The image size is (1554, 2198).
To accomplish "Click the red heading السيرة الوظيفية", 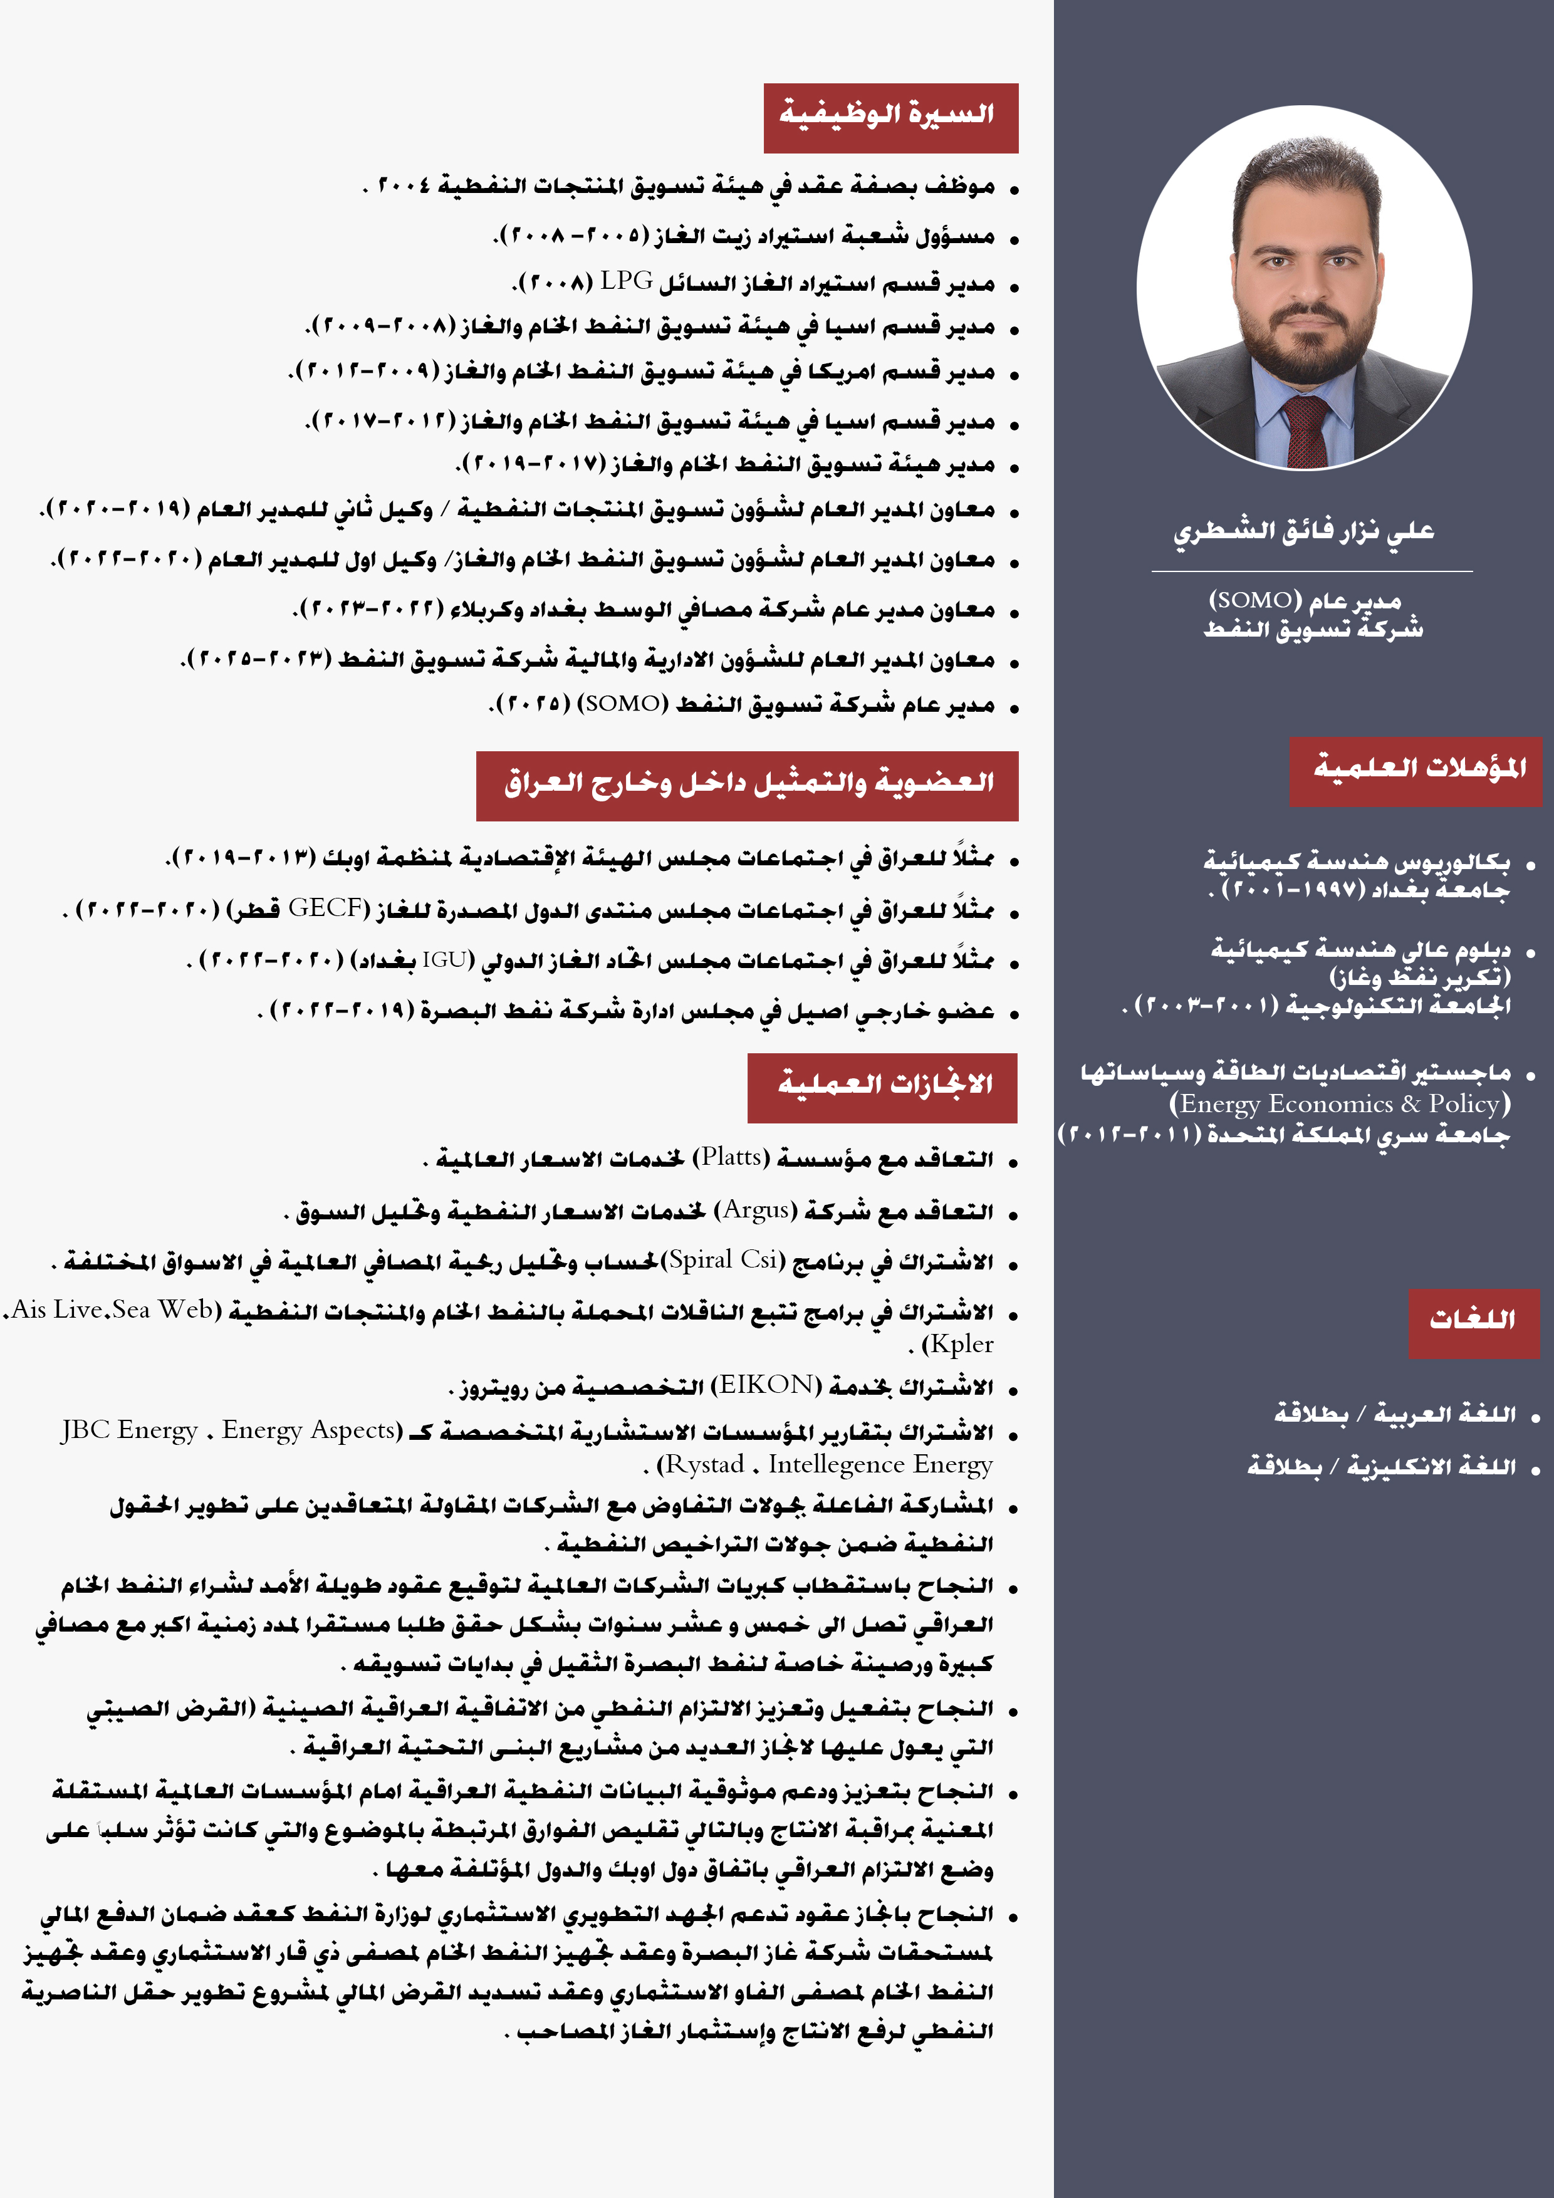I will pyautogui.click(x=890, y=117).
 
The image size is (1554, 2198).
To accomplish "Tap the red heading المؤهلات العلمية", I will pyautogui.click(x=1416, y=771).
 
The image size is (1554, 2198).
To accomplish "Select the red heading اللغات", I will pyautogui.click(x=1473, y=1322).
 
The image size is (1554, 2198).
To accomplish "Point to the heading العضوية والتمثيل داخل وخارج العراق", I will pyautogui.click(x=747, y=786).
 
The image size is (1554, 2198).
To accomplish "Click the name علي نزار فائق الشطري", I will pyautogui.click(x=1304, y=531).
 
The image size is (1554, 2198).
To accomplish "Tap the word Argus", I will pyautogui.click(x=756, y=1210).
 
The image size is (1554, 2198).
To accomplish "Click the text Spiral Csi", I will pyautogui.click(x=723, y=1260).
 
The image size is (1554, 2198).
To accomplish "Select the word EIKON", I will pyautogui.click(x=765, y=1385).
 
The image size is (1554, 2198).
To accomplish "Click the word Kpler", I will pyautogui.click(x=961, y=1344).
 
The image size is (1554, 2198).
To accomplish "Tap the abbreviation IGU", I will pyautogui.click(x=446, y=959).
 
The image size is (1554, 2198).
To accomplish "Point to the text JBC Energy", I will pyautogui.click(x=129, y=1430).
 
